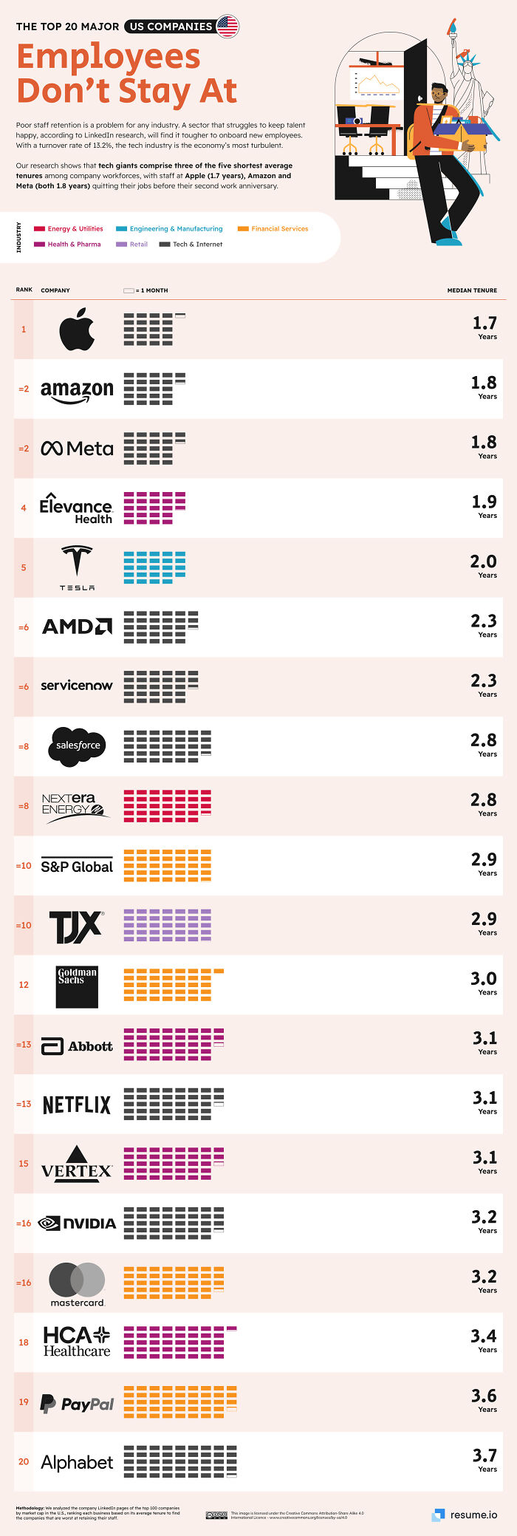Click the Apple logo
point(77,329)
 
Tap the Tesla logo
point(77,564)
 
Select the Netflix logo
point(77,1105)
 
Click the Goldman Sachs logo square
point(77,986)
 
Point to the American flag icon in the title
point(227,27)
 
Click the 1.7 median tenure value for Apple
point(484,323)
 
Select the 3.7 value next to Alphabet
point(484,1455)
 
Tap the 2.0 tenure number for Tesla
point(484,562)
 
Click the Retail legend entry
point(138,244)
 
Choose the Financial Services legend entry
point(279,228)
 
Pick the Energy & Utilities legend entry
point(75,228)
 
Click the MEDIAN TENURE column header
point(472,290)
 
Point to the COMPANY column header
point(55,290)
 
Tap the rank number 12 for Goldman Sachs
point(24,985)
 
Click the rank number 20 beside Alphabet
point(24,1461)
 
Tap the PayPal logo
point(77,1403)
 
